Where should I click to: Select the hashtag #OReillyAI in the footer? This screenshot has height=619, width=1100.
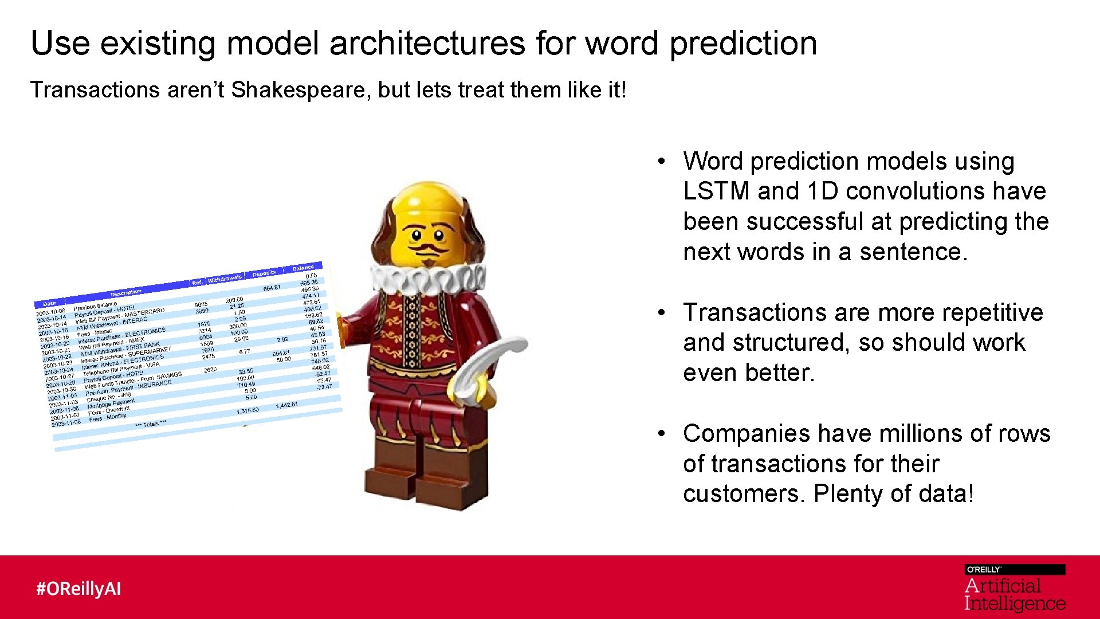78,589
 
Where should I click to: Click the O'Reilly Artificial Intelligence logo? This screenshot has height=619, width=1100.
1014,589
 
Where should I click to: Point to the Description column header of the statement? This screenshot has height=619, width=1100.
126,293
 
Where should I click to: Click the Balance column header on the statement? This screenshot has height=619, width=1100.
303,268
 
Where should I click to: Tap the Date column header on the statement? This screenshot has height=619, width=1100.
49,304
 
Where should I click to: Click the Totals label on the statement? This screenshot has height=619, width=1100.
151,424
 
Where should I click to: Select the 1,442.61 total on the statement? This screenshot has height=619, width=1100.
286,405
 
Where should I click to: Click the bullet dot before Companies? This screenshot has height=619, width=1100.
661,434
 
